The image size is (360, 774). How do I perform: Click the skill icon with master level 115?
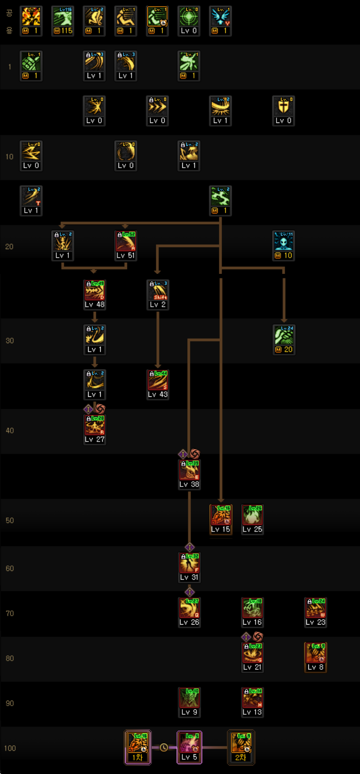(63, 16)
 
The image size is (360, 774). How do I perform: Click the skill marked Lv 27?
(94, 425)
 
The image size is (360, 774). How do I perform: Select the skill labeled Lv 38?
(189, 470)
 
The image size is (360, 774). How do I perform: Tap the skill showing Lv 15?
(221, 515)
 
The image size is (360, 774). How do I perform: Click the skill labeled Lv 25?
(252, 515)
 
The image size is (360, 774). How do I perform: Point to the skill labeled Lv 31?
(189, 563)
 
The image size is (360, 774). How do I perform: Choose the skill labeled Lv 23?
(315, 608)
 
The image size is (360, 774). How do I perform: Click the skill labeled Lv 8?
(315, 653)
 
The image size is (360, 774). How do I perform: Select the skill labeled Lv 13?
(252, 698)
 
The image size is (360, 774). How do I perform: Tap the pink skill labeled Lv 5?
(189, 743)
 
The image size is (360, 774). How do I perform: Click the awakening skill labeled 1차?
(138, 743)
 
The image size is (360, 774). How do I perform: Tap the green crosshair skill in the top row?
(189, 16)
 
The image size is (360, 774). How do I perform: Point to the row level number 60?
(10, 568)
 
